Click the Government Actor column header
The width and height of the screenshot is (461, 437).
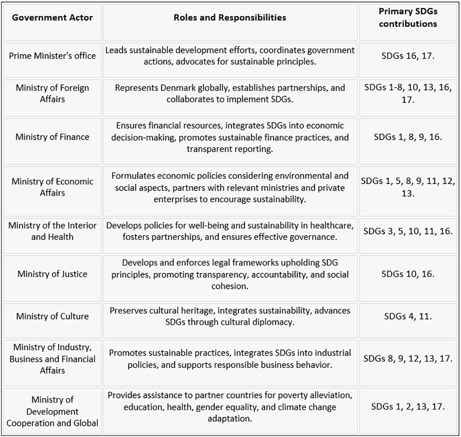[x=53, y=18]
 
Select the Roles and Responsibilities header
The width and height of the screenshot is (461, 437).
[x=230, y=18]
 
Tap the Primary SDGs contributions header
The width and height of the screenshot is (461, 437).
[x=408, y=18]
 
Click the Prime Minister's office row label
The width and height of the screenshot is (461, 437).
[x=53, y=56]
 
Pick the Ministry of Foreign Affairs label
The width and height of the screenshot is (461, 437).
[x=53, y=93]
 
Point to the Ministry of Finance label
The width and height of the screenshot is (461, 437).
[x=53, y=137]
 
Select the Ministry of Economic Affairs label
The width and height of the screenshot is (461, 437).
[x=53, y=187]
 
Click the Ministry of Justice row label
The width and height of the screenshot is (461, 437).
[x=53, y=274]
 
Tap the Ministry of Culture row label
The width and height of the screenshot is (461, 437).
[x=53, y=316]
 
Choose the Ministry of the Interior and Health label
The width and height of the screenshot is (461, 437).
[x=53, y=231]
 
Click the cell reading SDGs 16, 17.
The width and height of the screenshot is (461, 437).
[x=408, y=56]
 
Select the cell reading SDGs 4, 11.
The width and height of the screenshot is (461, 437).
[x=408, y=316]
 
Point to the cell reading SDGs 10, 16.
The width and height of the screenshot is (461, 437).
[x=408, y=274]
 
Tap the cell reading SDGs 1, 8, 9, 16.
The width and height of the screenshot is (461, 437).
[x=408, y=137]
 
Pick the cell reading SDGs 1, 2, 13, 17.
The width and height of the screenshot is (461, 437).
[x=408, y=407]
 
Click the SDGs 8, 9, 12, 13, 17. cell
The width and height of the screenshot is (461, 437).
[x=408, y=358]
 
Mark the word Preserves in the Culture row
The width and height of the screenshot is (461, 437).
[x=129, y=311]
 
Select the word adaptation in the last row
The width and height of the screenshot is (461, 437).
[x=230, y=419]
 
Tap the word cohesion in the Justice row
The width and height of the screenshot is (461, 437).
[x=230, y=286]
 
